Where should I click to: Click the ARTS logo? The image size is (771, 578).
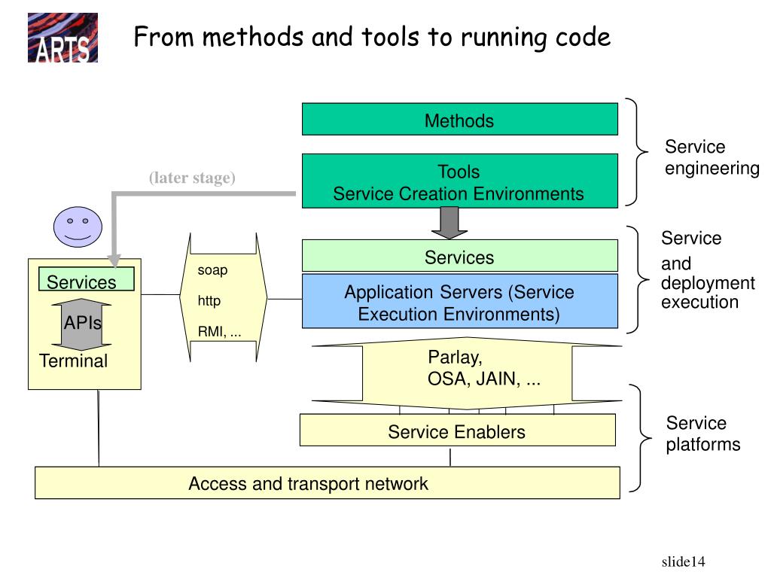click(62, 38)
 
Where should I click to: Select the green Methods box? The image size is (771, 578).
click(460, 119)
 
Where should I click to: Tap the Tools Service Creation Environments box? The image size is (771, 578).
click(460, 181)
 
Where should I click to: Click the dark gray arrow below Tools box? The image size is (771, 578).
click(449, 223)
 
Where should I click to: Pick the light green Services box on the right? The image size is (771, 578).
click(460, 256)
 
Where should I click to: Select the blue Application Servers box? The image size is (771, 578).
click(460, 301)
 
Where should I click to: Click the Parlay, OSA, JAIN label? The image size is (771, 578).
click(484, 368)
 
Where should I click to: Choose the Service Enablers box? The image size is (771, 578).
click(457, 430)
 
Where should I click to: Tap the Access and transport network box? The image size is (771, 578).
click(328, 482)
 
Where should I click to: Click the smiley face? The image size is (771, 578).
click(78, 227)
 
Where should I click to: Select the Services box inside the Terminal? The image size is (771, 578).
click(86, 279)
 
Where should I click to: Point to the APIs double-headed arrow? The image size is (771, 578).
click(81, 324)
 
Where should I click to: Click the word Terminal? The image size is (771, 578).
click(73, 360)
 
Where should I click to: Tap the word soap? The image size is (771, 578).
click(212, 270)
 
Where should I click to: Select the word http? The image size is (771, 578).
click(209, 301)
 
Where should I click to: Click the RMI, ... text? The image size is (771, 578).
click(219, 332)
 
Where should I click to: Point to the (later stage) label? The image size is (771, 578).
click(192, 178)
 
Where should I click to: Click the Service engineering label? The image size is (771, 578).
click(712, 157)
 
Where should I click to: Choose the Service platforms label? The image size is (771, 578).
click(703, 433)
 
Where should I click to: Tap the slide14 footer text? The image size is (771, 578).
click(683, 561)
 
